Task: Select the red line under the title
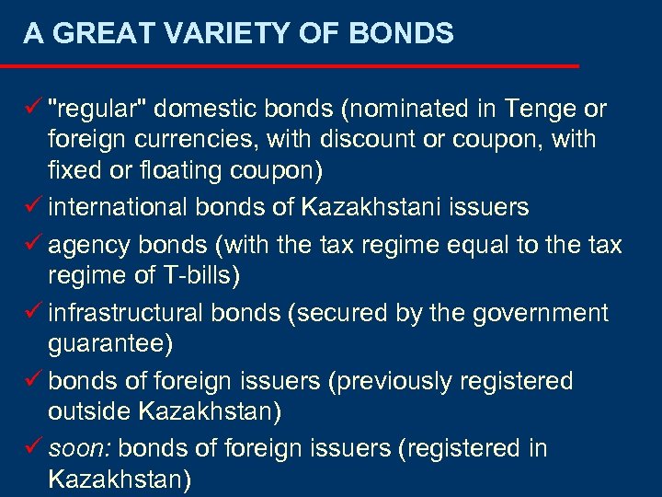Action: click(290, 66)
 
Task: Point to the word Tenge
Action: click(535, 110)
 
